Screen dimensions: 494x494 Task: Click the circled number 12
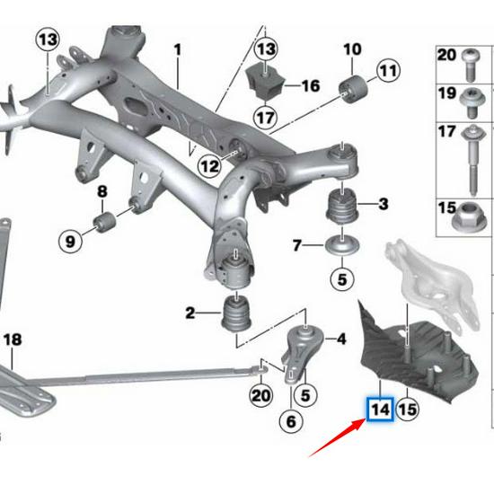[x=209, y=165]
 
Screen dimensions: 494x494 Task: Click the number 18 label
[x=12, y=340]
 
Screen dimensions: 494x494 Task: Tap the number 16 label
[x=310, y=86]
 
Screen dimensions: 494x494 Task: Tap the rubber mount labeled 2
[x=235, y=315]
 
